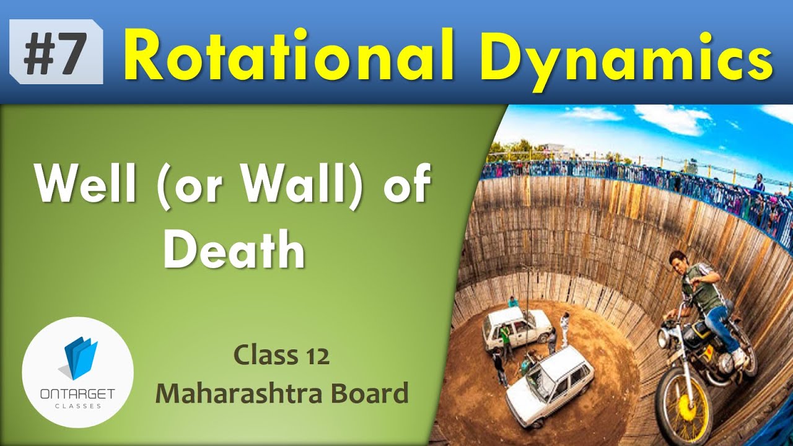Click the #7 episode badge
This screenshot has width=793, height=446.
click(55, 52)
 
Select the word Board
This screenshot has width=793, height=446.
click(372, 393)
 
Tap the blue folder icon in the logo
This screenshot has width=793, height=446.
click(80, 359)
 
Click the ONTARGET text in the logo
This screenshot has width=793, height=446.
click(77, 395)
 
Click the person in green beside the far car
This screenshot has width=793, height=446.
click(505, 338)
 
